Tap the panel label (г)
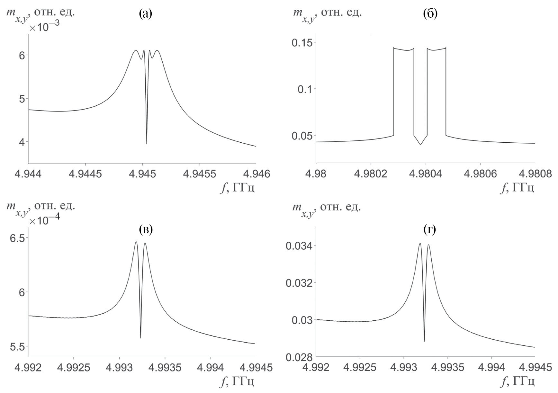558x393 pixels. (430, 229)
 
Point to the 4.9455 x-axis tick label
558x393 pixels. (200, 174)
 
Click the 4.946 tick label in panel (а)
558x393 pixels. (256, 174)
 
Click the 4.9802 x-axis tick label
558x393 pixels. (371, 174)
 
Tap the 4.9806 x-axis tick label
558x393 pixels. (480, 174)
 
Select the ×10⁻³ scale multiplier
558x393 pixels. (44, 27)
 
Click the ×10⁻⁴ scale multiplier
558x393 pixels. (44, 220)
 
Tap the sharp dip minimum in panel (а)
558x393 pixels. (147, 144)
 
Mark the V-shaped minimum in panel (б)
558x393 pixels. (420, 145)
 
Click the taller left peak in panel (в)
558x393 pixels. (136, 242)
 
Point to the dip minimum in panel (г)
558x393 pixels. (424, 341)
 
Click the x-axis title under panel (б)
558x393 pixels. (517, 187)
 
